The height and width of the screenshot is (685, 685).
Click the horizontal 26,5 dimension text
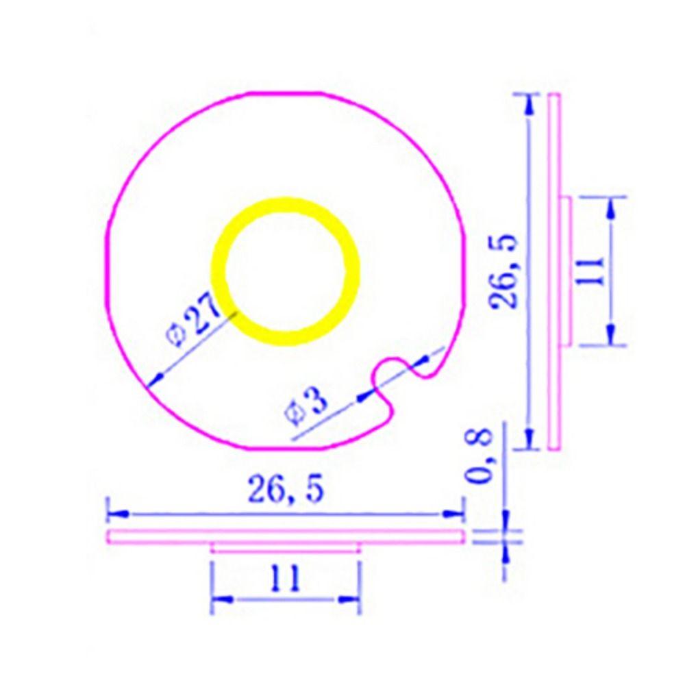click(x=284, y=490)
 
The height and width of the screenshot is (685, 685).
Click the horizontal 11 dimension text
click(x=284, y=580)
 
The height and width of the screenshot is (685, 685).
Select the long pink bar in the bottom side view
click(x=285, y=536)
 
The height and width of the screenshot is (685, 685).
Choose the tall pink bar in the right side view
click(x=554, y=271)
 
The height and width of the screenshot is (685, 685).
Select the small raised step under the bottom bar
click(x=285, y=547)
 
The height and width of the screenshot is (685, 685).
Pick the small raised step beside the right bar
click(x=566, y=271)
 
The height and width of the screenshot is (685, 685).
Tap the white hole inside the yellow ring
click(x=285, y=271)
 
